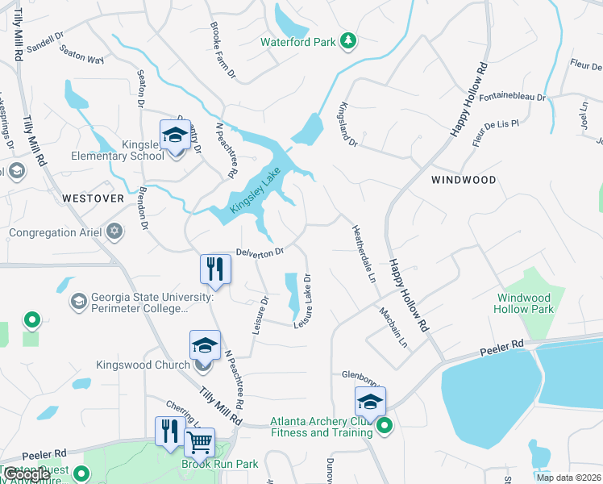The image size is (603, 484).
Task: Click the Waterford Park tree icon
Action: pyautogui.click(x=348, y=40)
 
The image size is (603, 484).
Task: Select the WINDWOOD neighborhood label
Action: pyautogui.click(x=464, y=179)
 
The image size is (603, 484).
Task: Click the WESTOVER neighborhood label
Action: pyautogui.click(x=93, y=198)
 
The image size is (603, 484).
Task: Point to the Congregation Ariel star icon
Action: pyautogui.click(x=114, y=232)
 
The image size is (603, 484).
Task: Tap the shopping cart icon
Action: pyautogui.click(x=199, y=441)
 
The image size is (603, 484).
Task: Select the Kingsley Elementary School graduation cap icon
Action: pyautogui.click(x=175, y=135)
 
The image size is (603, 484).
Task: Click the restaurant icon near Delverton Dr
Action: pyautogui.click(x=214, y=268)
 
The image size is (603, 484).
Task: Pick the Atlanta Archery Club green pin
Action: pyautogui.click(x=385, y=426)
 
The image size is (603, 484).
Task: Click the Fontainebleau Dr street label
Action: pyautogui.click(x=512, y=97)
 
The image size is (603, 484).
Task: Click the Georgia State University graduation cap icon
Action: pyautogui.click(x=78, y=301)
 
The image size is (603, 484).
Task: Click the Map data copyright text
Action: pyautogui.click(x=569, y=478)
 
